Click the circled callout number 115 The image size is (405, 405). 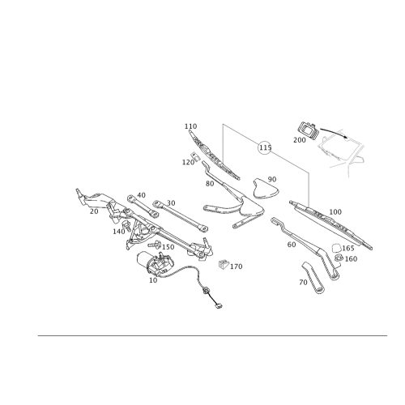[265, 147]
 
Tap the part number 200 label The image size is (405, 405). [300, 140]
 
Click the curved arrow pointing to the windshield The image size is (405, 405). [334, 132]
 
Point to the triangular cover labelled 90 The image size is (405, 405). [265, 189]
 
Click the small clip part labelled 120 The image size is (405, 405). [195, 156]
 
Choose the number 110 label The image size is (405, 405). [190, 126]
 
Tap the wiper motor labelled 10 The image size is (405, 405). [156, 262]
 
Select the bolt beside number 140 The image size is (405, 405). [126, 225]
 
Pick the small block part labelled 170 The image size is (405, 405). [224, 264]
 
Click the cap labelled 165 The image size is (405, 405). [336, 248]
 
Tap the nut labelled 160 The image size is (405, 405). [339, 258]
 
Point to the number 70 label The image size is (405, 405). [303, 282]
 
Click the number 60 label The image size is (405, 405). [292, 245]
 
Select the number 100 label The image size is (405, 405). [335, 212]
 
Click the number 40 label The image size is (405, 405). [141, 195]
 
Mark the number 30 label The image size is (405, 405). [171, 202]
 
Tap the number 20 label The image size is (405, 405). [94, 211]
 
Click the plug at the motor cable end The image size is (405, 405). [219, 306]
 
